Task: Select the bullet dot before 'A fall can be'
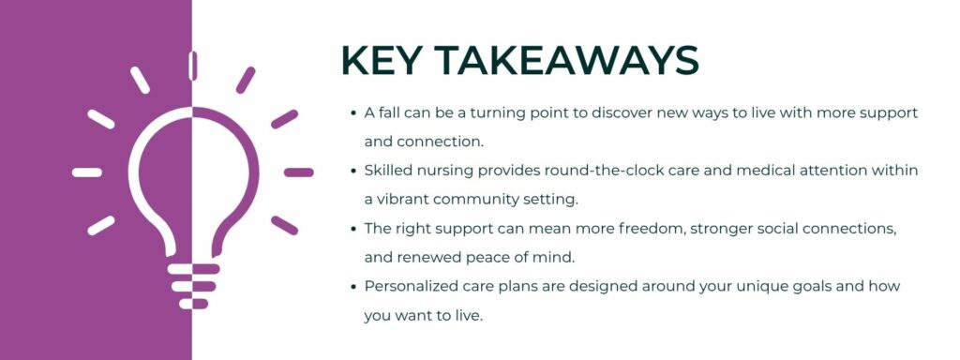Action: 352,113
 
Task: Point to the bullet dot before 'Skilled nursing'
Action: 352,171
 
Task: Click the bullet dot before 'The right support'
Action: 352,228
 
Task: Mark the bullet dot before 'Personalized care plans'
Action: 352,286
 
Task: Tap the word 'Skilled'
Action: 391,171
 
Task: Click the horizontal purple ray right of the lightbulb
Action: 299,172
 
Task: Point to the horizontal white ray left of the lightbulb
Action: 87,172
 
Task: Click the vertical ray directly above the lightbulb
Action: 192,66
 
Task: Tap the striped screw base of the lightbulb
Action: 192,285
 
